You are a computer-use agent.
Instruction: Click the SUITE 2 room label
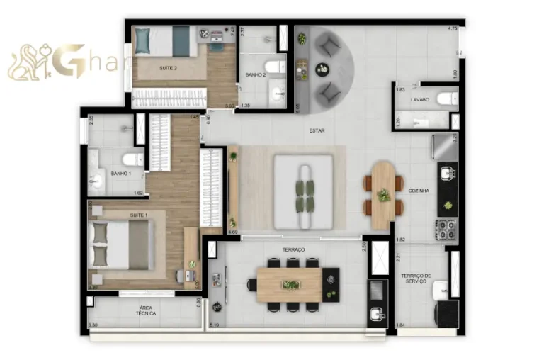[x=168, y=68]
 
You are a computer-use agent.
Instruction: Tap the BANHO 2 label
[x=256, y=74]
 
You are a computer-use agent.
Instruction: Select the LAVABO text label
[x=420, y=100]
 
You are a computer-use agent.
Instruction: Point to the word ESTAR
[x=317, y=130]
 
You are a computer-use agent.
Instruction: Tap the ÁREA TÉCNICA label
[x=147, y=310]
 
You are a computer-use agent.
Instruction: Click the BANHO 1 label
[x=120, y=173]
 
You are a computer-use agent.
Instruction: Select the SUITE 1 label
[x=138, y=215]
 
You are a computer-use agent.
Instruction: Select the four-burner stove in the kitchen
[x=446, y=229]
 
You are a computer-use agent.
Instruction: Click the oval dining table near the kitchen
[x=383, y=194]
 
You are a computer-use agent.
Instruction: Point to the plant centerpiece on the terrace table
[x=290, y=284]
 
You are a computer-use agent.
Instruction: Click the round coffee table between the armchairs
[x=323, y=69]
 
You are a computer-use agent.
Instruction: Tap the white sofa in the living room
[x=304, y=191]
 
